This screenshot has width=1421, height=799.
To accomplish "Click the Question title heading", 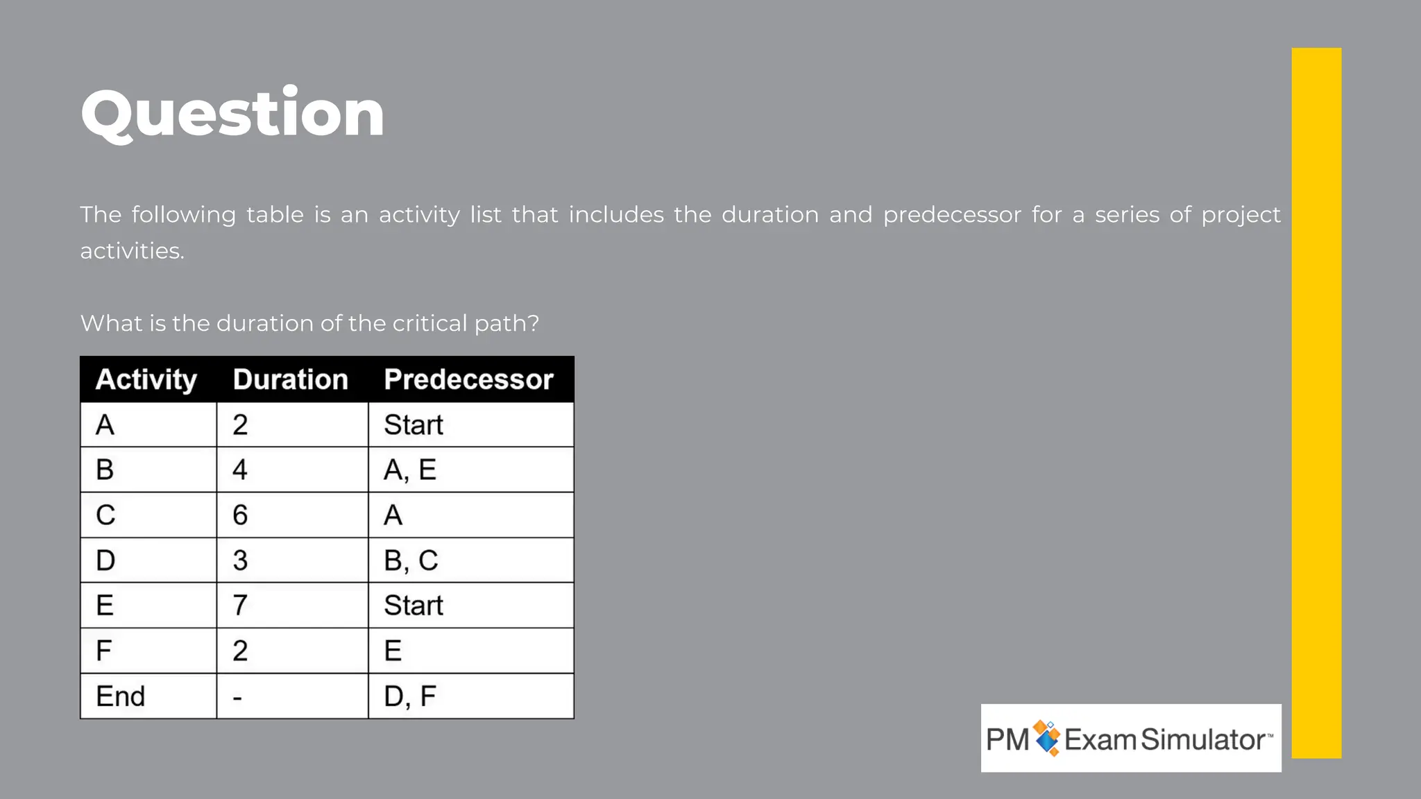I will [x=232, y=114].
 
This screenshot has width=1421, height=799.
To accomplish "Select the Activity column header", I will [x=146, y=379].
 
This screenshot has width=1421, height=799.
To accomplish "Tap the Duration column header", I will [x=291, y=379].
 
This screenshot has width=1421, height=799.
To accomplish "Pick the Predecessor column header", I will [x=468, y=379].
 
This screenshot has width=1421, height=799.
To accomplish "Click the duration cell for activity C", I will [x=240, y=515].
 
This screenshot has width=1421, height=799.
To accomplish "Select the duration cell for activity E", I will [x=240, y=605].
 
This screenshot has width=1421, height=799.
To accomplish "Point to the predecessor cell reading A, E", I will [x=410, y=470].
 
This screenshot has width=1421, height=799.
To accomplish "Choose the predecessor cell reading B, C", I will [x=411, y=560].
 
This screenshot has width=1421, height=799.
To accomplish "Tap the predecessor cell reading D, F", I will [x=410, y=696].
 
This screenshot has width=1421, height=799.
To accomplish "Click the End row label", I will [x=121, y=696].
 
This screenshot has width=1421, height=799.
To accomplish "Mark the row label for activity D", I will [x=105, y=560].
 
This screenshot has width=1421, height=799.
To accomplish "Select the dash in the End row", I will [x=237, y=697].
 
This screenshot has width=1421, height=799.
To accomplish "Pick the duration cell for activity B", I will [x=240, y=470].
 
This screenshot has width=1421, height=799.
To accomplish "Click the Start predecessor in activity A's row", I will [x=414, y=425].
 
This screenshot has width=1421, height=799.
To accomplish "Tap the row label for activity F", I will [x=104, y=651].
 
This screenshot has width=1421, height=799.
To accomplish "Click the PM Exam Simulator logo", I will [x=1130, y=739].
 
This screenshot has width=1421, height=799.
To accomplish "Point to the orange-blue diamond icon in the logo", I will [x=1047, y=738].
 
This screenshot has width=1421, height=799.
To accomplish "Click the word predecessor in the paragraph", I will [x=952, y=215].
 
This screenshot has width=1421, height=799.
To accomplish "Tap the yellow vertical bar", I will [x=1316, y=402].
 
